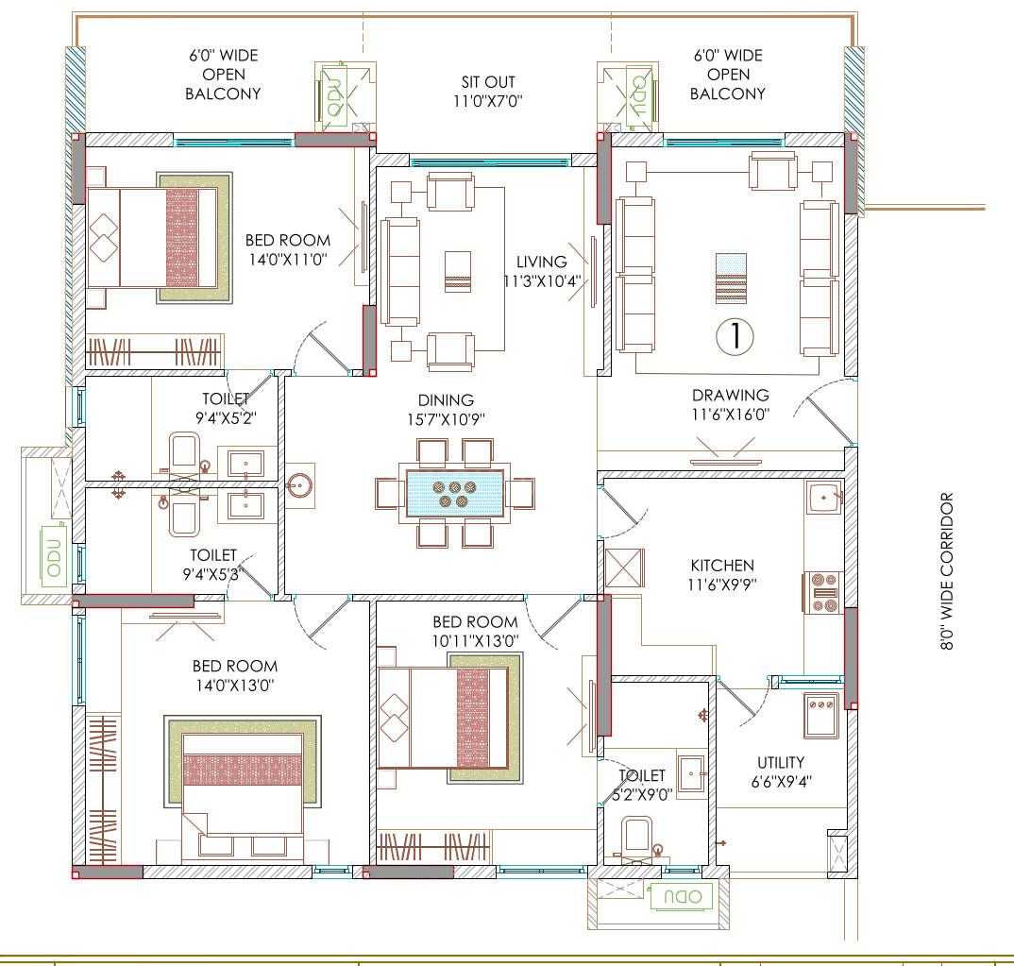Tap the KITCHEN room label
[x=722, y=566]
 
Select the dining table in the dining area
[x=455, y=492]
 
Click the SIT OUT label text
[x=488, y=82]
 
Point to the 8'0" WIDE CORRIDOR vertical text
[x=947, y=570]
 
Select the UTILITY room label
[x=781, y=762]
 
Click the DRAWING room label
[x=730, y=395]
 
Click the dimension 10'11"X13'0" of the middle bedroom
[x=475, y=639]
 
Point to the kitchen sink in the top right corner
[x=823, y=497]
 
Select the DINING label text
[x=446, y=400]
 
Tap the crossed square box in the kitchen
[x=624, y=568]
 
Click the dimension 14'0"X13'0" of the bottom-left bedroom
[x=234, y=685]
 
